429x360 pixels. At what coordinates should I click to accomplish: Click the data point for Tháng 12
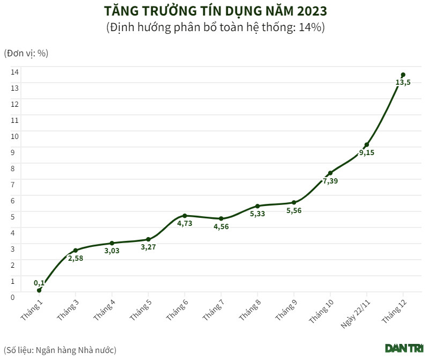pos(403,75)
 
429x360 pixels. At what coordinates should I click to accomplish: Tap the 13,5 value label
pos(403,83)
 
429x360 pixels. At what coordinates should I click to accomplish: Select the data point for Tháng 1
pos(39,290)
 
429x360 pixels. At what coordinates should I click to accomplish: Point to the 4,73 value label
pos(184,224)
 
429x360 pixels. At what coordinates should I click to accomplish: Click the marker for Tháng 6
pos(184,216)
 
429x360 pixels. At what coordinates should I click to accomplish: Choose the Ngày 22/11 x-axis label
pos(356,313)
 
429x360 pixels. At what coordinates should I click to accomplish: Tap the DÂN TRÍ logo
pos(404,348)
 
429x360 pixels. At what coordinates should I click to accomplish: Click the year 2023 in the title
pos(309,11)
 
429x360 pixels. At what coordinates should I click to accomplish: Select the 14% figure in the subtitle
pos(311,27)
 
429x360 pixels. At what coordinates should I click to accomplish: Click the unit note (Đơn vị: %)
pos(26,53)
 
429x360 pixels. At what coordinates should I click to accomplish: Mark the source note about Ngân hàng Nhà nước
pos(60,350)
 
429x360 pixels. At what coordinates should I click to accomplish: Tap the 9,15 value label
pos(367,153)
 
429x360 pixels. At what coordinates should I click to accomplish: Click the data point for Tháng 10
pos(330,173)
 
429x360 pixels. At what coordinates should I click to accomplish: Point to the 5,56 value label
pos(294,211)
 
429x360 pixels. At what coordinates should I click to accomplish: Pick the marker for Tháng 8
pos(257,206)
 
